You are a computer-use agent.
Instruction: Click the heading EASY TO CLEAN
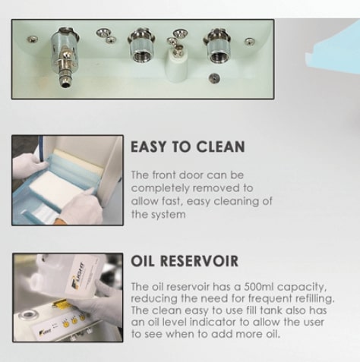click(188, 146)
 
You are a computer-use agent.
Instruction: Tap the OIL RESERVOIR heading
click(185, 261)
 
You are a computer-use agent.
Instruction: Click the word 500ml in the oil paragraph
click(258, 287)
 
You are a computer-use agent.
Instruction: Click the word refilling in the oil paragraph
click(316, 299)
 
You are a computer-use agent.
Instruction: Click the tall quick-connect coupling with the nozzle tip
click(65, 57)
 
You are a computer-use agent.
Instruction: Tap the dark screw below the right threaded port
click(214, 78)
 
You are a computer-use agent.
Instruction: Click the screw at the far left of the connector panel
click(33, 39)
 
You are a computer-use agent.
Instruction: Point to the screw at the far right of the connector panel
click(249, 42)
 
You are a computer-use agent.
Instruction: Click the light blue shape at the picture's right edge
click(333, 51)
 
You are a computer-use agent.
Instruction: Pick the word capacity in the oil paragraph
click(302, 288)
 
